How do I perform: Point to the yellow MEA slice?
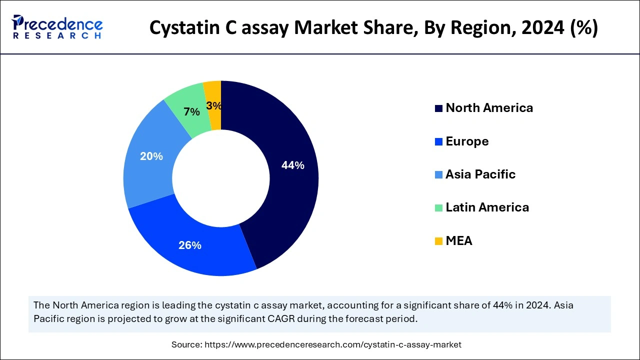click(213, 93)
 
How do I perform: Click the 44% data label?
click(292, 165)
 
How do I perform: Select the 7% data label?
click(191, 112)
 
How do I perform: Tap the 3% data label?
click(214, 106)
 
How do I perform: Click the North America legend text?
click(489, 108)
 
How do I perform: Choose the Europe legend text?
click(467, 141)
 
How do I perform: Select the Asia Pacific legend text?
click(480, 174)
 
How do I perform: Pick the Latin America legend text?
click(487, 207)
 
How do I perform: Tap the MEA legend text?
click(459, 241)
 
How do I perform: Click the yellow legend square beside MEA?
click(438, 241)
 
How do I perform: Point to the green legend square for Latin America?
click(438, 208)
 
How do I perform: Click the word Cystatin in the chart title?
click(182, 28)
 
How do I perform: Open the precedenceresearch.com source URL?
click(332, 344)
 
